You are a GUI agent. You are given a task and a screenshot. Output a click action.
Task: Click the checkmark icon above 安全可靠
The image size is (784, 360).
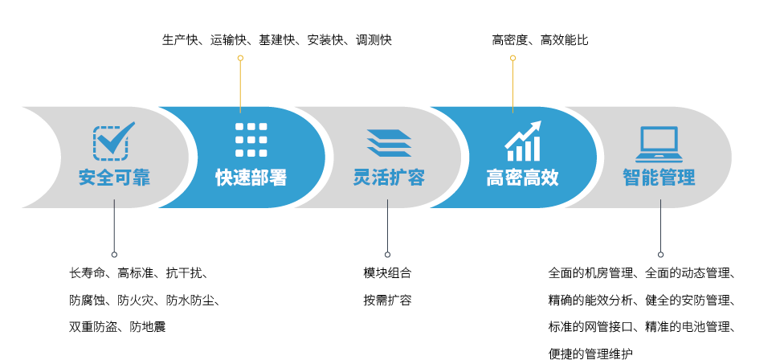[113, 141]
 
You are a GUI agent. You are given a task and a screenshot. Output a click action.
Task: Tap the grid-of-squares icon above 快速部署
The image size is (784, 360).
[251, 140]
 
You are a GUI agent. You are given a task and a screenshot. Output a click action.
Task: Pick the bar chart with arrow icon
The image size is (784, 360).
[522, 141]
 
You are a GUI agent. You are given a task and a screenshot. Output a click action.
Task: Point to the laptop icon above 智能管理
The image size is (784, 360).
[659, 144]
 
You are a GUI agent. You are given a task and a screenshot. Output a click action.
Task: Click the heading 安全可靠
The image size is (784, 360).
[114, 178]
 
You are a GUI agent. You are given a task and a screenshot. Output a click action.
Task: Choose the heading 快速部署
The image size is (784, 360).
[251, 178]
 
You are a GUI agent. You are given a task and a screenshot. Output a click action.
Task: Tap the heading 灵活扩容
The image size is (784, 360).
[389, 178]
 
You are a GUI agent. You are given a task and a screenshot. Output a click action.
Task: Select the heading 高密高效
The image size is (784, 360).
[522, 178]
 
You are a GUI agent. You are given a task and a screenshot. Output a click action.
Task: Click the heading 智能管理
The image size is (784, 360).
[659, 178]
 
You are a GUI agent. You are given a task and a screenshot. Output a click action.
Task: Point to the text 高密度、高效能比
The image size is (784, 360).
[540, 40]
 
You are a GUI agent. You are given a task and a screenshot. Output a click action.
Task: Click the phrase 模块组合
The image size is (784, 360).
[387, 273]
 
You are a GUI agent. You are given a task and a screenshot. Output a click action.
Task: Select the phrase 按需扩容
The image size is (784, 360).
[387, 301]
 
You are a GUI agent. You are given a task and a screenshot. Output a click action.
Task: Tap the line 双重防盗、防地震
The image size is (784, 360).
[117, 327]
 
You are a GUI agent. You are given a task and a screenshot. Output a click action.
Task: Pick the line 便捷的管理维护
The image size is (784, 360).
[590, 354]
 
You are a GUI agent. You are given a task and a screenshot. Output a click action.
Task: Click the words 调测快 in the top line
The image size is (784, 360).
[374, 40]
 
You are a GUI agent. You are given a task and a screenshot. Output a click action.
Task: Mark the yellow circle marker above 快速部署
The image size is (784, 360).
[240, 58]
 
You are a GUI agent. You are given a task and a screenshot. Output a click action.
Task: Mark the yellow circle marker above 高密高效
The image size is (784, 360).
[512, 58]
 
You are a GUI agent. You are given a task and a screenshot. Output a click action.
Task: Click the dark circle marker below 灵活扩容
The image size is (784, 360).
[387, 255]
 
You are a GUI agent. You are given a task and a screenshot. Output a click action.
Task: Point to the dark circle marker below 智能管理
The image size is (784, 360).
[660, 255]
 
